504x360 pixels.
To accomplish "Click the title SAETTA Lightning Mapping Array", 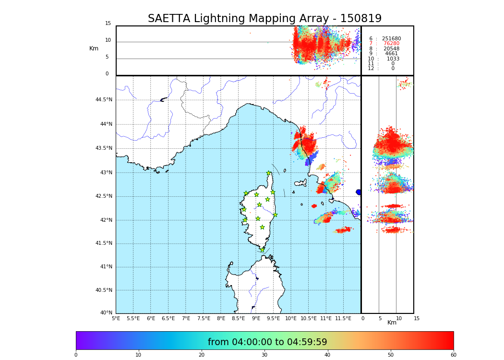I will pos(264,19).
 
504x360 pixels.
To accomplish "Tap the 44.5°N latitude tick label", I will pos(104,100).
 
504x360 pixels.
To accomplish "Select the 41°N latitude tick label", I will pos(106,267).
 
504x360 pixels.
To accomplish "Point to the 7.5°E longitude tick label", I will pos(204,318).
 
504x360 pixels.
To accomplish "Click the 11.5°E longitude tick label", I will pos(343,318).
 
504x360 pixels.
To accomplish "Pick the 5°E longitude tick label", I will pos(116,318).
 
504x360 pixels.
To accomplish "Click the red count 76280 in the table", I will pos(391,44).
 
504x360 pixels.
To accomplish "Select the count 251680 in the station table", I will pos(391,39).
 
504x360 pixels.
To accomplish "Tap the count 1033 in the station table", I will pos(393,59).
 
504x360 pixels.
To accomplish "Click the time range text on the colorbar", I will pos(267,342).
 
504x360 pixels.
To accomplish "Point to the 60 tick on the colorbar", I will pos(453,355).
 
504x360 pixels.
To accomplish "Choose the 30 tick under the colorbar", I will pos(264,355).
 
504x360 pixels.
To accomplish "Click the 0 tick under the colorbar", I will pos(76,355).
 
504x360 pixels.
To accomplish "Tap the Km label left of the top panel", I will pos(94,48).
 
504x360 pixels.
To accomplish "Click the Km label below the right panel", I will pos(392,323).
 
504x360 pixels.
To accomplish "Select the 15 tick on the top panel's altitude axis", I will pos(108,24).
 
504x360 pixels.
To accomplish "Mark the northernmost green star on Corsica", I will pos(269,173).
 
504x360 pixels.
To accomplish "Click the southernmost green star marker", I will pos(263,250).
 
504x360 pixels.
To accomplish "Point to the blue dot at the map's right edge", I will pos(359,192).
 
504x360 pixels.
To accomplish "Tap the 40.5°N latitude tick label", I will pos(104,290).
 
